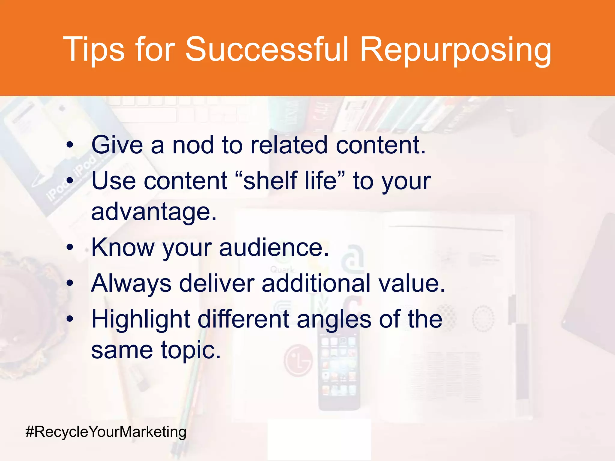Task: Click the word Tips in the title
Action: (93, 50)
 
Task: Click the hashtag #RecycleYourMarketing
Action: (106, 432)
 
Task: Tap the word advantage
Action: (153, 212)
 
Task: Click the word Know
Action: (123, 247)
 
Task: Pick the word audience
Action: (274, 247)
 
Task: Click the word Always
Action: (131, 284)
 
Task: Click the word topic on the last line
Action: (191, 350)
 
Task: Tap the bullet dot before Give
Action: (70, 146)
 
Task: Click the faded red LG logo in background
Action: (298, 360)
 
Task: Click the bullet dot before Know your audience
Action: (70, 248)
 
